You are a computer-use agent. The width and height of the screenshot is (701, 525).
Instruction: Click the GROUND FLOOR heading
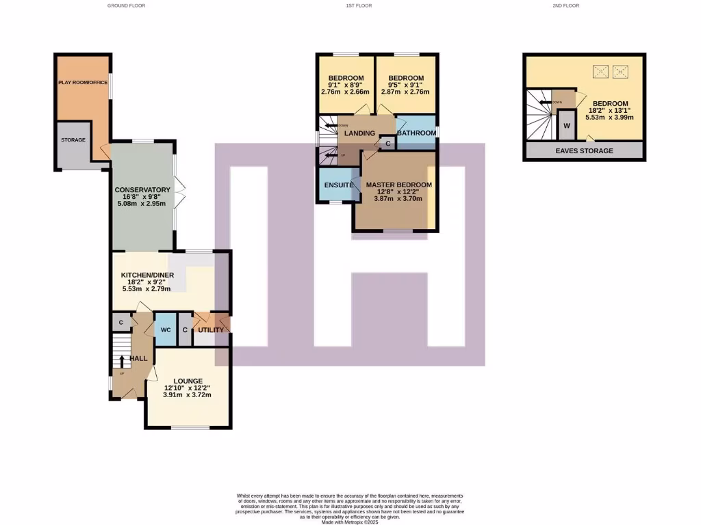pyautogui.click(x=126, y=5)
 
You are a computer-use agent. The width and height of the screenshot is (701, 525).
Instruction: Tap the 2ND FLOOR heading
pyautogui.click(x=565, y=5)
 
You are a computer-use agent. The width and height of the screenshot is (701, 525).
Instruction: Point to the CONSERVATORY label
pyautogui.click(x=142, y=190)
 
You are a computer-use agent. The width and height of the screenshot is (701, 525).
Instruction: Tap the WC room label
pyautogui.click(x=166, y=330)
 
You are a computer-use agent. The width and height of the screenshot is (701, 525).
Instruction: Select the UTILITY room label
pyautogui.click(x=211, y=330)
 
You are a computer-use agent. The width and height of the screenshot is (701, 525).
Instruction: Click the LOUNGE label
pyautogui.click(x=187, y=381)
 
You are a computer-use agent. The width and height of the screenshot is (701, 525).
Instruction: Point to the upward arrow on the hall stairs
pyautogui.click(x=122, y=362)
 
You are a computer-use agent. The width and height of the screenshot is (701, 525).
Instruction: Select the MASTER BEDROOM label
pyautogui.click(x=398, y=185)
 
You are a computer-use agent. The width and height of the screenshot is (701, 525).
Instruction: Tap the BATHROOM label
pyautogui.click(x=416, y=133)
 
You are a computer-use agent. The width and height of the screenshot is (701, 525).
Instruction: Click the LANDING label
pyautogui.click(x=359, y=133)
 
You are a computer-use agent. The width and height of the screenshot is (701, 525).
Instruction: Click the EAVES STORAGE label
pyautogui.click(x=584, y=151)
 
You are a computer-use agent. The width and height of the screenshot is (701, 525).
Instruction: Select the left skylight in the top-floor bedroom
pyautogui.click(x=600, y=71)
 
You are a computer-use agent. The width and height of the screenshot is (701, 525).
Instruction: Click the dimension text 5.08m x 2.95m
pyautogui.click(x=142, y=204)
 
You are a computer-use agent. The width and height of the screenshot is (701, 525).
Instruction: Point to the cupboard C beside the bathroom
pyautogui.click(x=387, y=144)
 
